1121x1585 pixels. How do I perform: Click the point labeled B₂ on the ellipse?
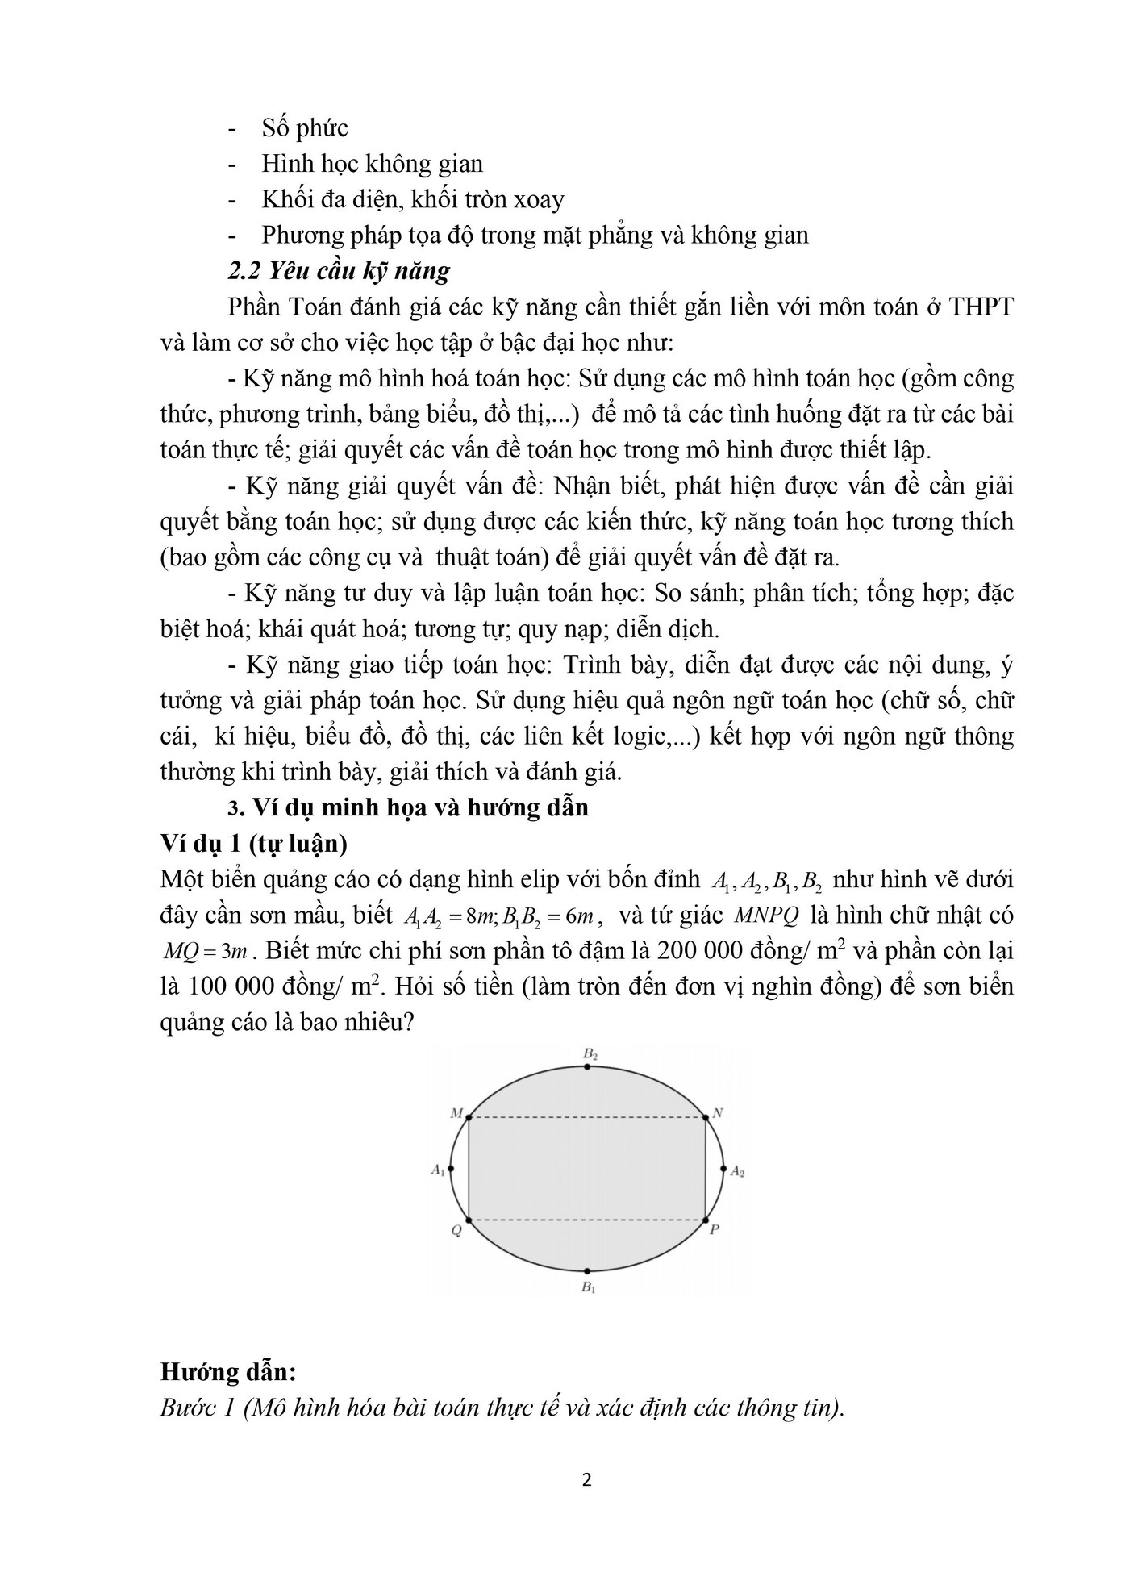pos(588,1066)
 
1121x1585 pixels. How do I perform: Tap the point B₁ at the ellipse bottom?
pos(588,1270)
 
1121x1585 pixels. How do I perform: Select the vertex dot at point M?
pos(469,1117)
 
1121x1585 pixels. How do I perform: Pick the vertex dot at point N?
pos(706,1117)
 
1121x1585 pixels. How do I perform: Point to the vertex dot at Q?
pos(469,1220)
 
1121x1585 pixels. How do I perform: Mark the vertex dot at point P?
pos(706,1220)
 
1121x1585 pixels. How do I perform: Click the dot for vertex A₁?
pos(451,1168)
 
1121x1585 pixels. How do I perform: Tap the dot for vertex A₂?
pos(723,1168)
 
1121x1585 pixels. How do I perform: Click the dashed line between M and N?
pos(587,1117)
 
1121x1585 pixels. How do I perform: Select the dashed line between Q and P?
pos(587,1220)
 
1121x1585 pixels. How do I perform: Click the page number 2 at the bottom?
pos(586,1480)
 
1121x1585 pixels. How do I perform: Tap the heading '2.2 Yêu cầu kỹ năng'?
pos(339,270)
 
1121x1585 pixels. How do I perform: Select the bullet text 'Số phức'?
pos(305,128)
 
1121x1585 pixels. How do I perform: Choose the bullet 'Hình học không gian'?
pos(372,164)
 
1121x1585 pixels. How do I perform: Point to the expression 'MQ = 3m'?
pos(206,951)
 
